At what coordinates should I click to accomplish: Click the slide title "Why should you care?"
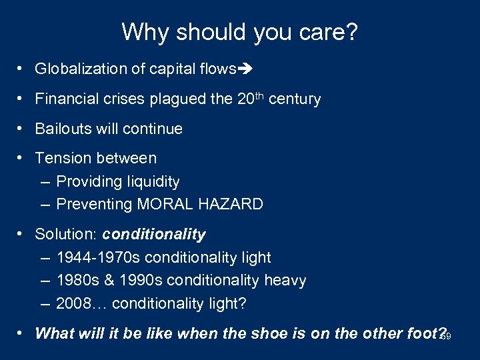click(240, 31)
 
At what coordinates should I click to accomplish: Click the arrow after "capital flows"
click(247, 69)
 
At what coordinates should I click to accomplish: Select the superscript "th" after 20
click(259, 95)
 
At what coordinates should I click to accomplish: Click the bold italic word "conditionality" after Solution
click(154, 235)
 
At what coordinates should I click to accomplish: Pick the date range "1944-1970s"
click(98, 257)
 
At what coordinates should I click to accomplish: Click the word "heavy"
click(285, 281)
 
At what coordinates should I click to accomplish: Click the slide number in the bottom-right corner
click(446, 337)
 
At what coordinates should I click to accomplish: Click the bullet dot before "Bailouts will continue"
click(22, 129)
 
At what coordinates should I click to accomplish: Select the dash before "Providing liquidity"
click(45, 181)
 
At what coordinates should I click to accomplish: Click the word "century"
click(295, 99)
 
